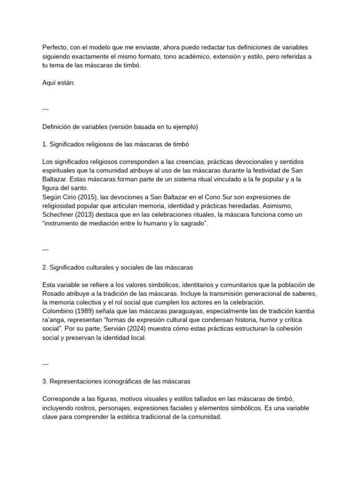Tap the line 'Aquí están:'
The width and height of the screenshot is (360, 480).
58,82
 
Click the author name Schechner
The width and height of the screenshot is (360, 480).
59,214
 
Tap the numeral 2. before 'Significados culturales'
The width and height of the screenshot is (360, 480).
45,268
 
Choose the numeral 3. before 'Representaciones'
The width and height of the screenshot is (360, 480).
45,382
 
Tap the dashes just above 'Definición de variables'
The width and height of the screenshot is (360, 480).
45,109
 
